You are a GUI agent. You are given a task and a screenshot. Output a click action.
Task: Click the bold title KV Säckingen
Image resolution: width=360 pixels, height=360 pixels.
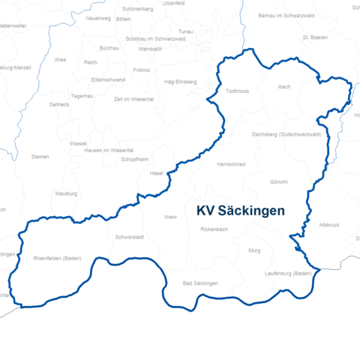click(240, 211)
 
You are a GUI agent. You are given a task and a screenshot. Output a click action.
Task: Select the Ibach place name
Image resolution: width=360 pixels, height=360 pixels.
click(283, 87)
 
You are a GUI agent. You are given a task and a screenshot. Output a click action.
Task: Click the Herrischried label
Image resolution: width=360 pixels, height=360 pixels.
click(230, 163)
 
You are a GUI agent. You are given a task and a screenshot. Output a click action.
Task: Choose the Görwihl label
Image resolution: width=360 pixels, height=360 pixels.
click(278, 182)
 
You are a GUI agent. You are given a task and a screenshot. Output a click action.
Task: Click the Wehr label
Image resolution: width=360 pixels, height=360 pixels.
click(169, 217)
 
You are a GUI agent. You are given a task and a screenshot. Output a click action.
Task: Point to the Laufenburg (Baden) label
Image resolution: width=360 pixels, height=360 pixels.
click(288, 274)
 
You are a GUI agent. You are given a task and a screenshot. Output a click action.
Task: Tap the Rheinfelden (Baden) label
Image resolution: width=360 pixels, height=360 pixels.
click(58, 258)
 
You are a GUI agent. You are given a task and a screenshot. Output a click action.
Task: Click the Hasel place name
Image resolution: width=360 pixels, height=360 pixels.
click(157, 173)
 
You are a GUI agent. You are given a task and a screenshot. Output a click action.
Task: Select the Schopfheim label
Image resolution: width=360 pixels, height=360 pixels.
click(135, 160)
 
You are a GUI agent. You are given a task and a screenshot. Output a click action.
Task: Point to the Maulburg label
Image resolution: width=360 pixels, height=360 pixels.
click(67, 193)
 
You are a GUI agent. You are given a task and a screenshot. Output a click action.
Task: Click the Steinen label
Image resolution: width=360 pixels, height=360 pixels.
click(40, 157)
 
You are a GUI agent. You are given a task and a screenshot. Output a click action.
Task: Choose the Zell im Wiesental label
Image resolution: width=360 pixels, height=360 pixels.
click(133, 99)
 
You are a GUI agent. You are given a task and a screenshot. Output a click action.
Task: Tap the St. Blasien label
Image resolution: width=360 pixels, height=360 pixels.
click(315, 36)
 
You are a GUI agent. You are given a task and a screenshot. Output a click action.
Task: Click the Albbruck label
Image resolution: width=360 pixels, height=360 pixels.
click(329, 225)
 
